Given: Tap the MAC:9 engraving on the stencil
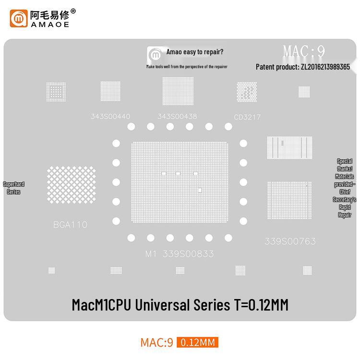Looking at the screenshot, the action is click(304, 51).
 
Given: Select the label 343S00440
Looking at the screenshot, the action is click(110, 117).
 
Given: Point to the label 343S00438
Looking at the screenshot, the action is click(177, 117).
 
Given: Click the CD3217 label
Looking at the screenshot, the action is click(247, 117).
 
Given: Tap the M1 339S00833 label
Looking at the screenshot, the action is click(180, 253).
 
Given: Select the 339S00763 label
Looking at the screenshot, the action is click(290, 241).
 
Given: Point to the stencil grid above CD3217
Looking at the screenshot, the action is click(247, 92).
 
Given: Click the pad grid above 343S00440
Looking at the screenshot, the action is click(110, 91).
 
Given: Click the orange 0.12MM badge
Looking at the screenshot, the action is click(197, 342).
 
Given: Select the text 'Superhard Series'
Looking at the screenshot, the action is click(13, 188).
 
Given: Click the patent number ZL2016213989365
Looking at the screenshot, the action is click(325, 67).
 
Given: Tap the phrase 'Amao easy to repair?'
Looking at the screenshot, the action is click(194, 52).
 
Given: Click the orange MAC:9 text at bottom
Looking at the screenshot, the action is click(156, 342).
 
